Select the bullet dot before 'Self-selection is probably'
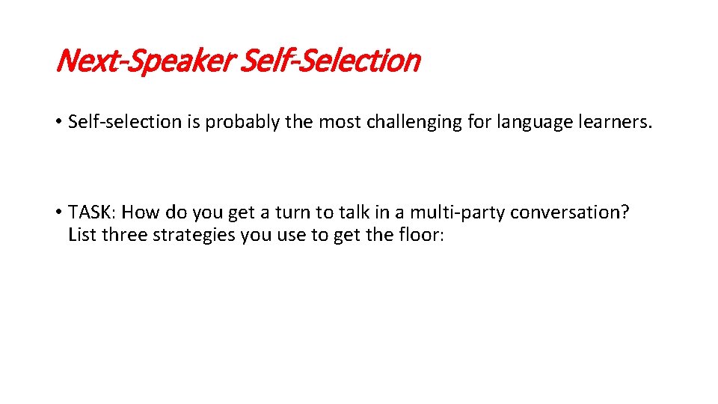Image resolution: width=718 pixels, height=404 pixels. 58,122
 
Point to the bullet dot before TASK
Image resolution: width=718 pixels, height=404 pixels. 58,212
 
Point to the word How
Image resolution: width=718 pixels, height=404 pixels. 136,212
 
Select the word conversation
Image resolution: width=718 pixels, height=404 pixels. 571,212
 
